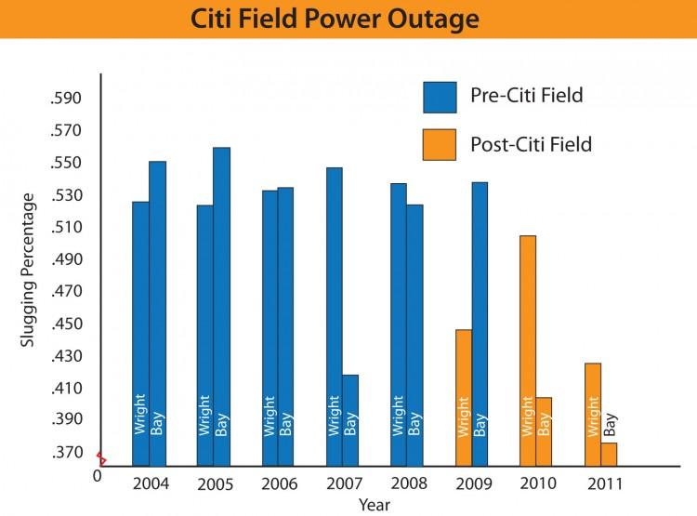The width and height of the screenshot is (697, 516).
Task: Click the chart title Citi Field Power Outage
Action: [348, 19]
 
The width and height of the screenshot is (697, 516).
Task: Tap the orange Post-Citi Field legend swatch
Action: [440, 143]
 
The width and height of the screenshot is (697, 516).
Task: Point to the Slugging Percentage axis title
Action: [28, 270]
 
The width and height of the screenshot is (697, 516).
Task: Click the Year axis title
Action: [375, 505]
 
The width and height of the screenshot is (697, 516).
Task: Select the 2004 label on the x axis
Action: [150, 483]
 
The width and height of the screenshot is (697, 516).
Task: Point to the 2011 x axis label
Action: [605, 483]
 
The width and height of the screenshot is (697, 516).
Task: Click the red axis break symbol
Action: [100, 459]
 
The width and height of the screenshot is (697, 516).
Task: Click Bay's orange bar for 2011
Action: [609, 454]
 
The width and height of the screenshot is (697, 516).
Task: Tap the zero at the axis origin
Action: [97, 476]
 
